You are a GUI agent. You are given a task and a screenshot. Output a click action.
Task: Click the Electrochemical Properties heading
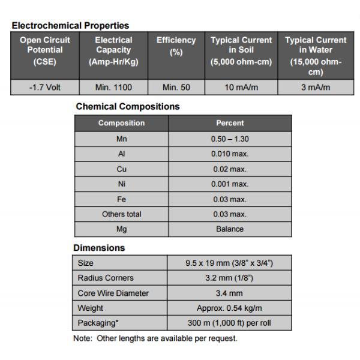[x=70, y=25]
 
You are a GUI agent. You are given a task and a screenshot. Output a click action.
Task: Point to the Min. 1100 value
[x=113, y=88]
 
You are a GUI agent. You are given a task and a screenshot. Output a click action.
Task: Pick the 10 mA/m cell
[x=241, y=88]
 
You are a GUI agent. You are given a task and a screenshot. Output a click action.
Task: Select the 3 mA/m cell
[x=316, y=88]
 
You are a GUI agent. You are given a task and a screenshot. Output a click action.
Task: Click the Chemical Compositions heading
[x=128, y=106]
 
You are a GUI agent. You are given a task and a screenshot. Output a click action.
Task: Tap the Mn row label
[x=121, y=138]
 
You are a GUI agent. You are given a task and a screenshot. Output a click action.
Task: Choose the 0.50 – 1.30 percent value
[x=230, y=138]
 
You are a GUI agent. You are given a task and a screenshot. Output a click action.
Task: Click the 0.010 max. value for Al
[x=230, y=154]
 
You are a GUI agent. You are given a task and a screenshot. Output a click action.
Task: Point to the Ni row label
[x=121, y=184]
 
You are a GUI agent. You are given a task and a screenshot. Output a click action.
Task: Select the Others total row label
[x=121, y=214]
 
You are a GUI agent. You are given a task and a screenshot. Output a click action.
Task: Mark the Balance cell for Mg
[x=230, y=229]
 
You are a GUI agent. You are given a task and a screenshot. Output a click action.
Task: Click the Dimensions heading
[x=99, y=247]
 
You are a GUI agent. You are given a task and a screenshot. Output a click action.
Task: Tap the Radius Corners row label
[x=106, y=278]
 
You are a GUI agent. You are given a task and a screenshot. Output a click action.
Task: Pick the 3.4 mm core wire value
[x=229, y=293]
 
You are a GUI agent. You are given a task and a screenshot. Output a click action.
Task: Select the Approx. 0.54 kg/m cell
[x=229, y=308]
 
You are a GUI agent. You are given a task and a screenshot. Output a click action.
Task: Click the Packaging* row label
[x=98, y=323]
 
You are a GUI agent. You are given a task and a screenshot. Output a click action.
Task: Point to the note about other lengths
[x=155, y=338]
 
